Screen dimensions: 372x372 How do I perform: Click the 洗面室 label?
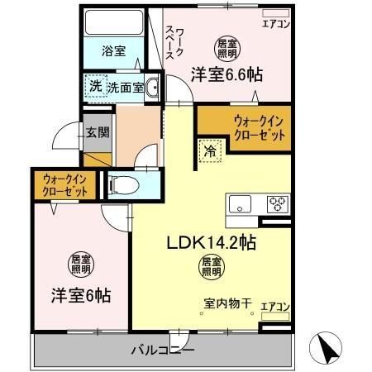coord(126,86)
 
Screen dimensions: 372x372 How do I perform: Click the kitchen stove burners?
coord(276,203)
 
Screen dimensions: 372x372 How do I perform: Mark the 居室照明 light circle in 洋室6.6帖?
coord(226,46)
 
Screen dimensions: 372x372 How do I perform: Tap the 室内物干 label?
coord(222,303)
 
